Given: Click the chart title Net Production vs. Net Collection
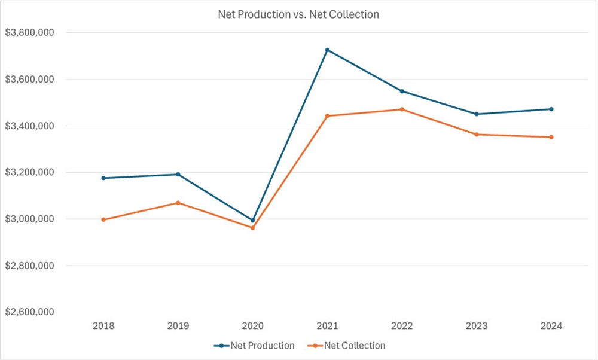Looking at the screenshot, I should pyautogui.click(x=298, y=14).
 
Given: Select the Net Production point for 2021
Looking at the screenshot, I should pyautogui.click(x=327, y=50).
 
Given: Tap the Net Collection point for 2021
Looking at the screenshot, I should pyautogui.click(x=327, y=116).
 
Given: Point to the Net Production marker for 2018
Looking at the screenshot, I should pyautogui.click(x=103, y=178).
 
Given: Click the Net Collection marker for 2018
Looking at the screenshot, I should pyautogui.click(x=103, y=219).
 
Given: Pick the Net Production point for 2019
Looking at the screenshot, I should pyautogui.click(x=178, y=174).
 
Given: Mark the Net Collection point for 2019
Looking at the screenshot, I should pyautogui.click(x=178, y=203).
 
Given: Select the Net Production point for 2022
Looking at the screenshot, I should pyautogui.click(x=402, y=91).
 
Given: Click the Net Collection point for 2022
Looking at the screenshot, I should pyautogui.click(x=402, y=109).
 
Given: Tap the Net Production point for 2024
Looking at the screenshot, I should pyautogui.click(x=551, y=109).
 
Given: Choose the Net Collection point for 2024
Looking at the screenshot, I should pyautogui.click(x=551, y=137).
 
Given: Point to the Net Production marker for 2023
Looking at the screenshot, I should pyautogui.click(x=477, y=114).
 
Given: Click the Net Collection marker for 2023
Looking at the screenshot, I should pyautogui.click(x=477, y=135).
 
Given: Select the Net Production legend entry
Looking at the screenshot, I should pyautogui.click(x=254, y=346).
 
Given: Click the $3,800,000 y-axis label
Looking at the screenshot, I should pyautogui.click(x=29, y=33).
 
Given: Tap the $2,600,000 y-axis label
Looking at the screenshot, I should pyautogui.click(x=29, y=312).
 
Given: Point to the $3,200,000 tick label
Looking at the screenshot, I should pyautogui.click(x=29, y=173).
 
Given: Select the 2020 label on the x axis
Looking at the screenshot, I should pyautogui.click(x=252, y=326).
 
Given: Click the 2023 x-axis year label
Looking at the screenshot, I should pyautogui.click(x=477, y=326).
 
